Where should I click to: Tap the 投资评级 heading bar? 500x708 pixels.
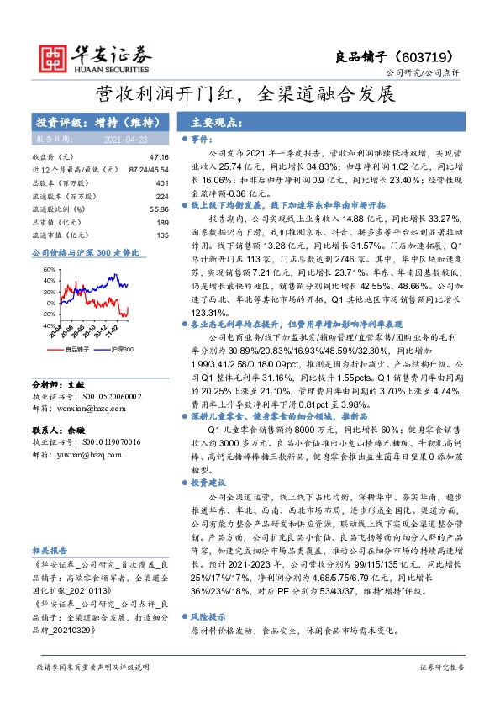(87, 122)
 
